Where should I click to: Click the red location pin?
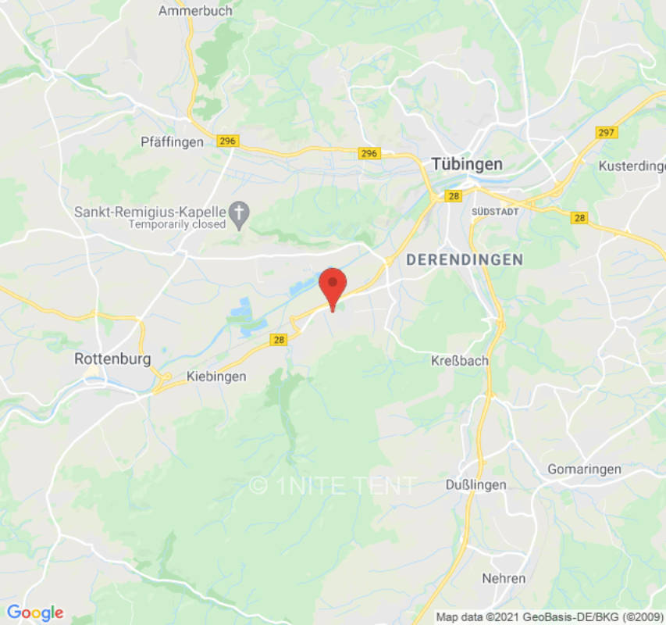[333, 286]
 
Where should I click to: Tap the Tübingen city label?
[467, 164]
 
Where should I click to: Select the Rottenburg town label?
[112, 359]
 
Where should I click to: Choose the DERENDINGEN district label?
[464, 259]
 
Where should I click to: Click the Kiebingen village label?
[216, 377]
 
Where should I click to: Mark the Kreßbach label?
[460, 361]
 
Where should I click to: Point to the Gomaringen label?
[584, 469]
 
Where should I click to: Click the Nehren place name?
[504, 578]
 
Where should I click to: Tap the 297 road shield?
[606, 132]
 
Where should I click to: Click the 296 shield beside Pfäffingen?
[227, 141]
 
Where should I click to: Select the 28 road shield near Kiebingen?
[279, 339]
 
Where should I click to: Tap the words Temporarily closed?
[177, 224]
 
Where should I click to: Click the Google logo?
[34, 613]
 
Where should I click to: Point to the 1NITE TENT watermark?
[333, 485]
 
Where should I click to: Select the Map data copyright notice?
[550, 617]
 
